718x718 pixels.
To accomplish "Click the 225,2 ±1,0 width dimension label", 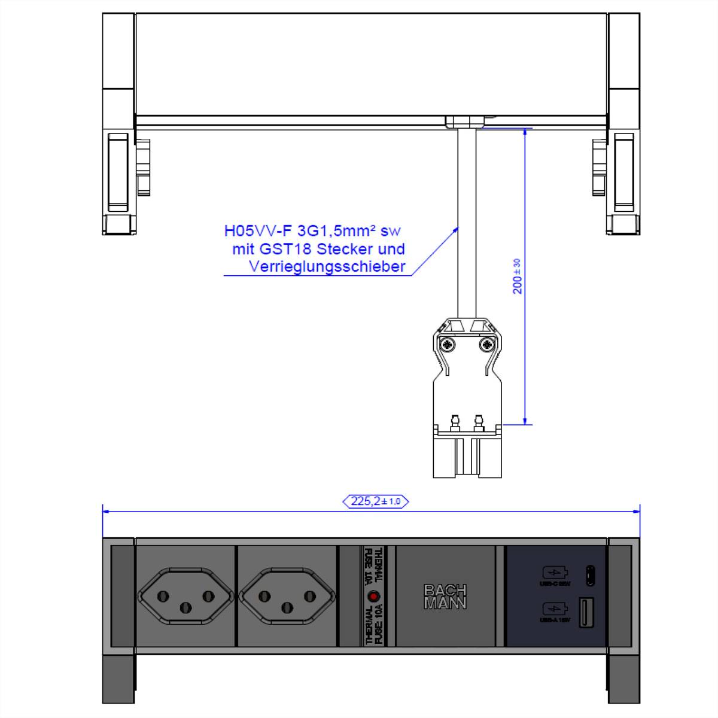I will [x=375, y=501].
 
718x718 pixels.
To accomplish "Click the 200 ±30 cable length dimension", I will [x=518, y=276].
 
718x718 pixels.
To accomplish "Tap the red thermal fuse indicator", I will [x=373, y=596].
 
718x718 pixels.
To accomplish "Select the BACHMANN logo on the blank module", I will [x=445, y=597].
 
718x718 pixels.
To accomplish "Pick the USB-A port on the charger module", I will [x=585, y=611].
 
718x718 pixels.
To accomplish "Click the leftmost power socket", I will [x=185, y=596].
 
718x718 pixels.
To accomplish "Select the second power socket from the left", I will [x=287, y=596].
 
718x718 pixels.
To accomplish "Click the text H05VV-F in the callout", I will [x=258, y=231].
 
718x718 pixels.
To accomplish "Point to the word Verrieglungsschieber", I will [x=327, y=267].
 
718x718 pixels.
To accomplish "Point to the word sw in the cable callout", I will [x=390, y=231].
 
